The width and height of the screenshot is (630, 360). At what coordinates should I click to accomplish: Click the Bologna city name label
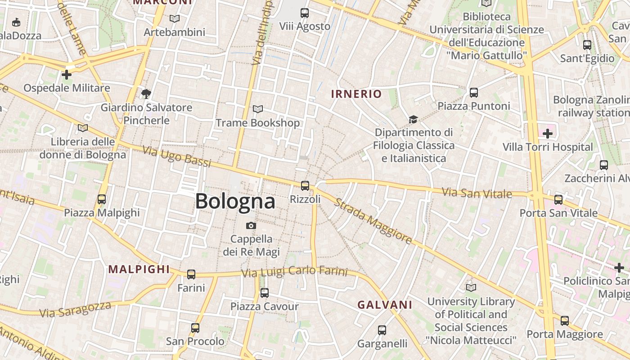click(x=235, y=201)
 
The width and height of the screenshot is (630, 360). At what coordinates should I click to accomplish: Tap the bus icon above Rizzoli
click(x=305, y=185)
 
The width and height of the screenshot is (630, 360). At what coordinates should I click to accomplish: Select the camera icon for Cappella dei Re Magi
click(x=251, y=225)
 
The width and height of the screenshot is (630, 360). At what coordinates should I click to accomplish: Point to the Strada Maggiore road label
click(x=373, y=221)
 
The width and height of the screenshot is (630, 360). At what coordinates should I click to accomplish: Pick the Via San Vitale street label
click(x=477, y=193)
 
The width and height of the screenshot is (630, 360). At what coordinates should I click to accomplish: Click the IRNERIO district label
click(x=356, y=94)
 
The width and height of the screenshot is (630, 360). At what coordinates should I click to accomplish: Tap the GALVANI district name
click(x=385, y=305)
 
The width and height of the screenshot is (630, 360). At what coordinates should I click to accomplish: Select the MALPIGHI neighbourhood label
click(x=139, y=270)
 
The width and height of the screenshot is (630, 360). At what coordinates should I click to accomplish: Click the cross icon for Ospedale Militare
click(x=67, y=75)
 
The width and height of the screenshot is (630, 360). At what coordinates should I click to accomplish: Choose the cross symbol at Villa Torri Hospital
click(x=548, y=134)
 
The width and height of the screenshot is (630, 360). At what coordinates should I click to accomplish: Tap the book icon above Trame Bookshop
click(x=258, y=109)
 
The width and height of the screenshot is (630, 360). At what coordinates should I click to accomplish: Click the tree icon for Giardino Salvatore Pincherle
click(x=146, y=94)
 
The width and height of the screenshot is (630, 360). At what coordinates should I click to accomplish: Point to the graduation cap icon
click(x=413, y=119)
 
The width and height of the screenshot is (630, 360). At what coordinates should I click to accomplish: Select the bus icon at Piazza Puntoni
click(x=474, y=93)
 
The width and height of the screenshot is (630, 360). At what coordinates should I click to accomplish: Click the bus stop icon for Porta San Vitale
click(x=558, y=199)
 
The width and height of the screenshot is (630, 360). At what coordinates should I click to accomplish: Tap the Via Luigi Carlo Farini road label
click(x=294, y=271)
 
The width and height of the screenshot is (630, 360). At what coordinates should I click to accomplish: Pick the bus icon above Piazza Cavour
click(x=265, y=293)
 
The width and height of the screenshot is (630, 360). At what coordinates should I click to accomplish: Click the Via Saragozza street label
click(x=75, y=310)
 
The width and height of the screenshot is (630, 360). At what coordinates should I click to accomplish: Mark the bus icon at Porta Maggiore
click(x=565, y=321)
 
